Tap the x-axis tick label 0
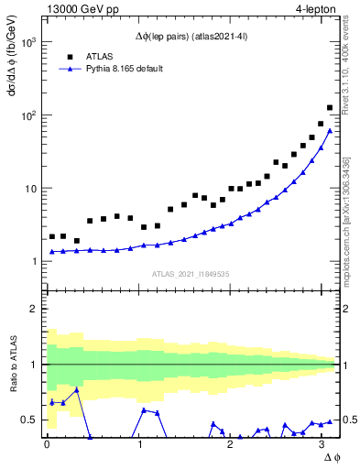47,444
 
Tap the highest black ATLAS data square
330,107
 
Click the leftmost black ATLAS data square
53,236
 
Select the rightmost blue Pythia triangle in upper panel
330,130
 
